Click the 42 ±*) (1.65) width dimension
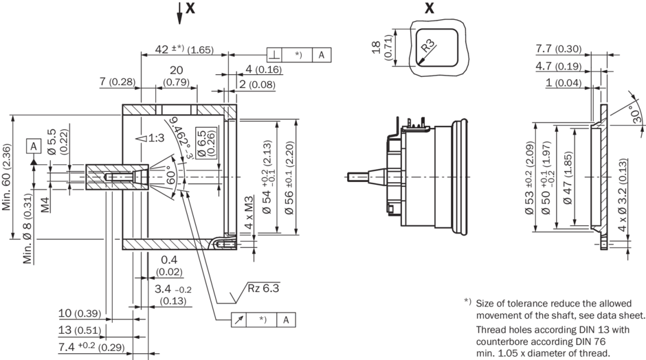pos(183,49)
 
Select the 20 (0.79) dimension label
pos(177,76)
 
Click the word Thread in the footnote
pos(492,328)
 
